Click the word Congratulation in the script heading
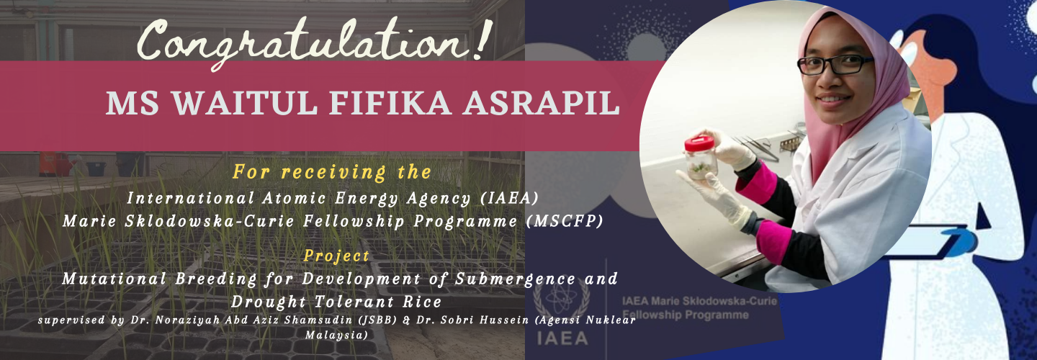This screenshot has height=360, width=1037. coord(301,42)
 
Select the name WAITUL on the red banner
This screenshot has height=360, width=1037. coord(245,104)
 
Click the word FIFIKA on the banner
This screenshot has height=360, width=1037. coord(390,104)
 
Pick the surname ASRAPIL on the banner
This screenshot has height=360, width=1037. coord(542,104)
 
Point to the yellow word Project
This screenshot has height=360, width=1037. coord(336,256)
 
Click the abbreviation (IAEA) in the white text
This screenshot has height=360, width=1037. coord(510,198)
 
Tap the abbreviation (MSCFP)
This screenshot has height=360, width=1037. coord(565,221)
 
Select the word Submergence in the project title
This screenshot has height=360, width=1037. coord(516,279)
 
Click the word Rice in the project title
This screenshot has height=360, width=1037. coord(422,302)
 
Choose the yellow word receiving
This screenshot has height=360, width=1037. coord(333,172)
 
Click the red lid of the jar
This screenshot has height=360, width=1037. coord(699,143)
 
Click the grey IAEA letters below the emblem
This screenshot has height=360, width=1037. coord(562,338)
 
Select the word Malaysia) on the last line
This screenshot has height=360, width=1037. coord(336,335)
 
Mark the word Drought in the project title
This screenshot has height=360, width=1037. coord(268,302)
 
